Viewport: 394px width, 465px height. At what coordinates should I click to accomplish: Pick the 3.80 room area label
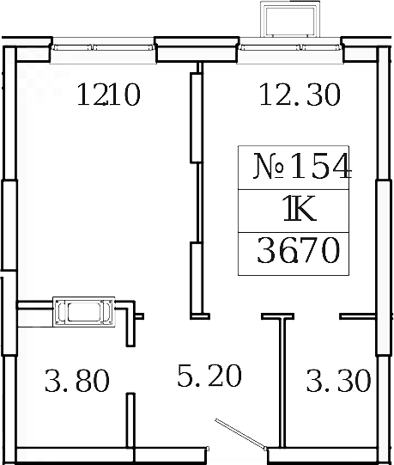76,379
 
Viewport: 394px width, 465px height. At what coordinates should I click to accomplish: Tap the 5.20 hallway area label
209,376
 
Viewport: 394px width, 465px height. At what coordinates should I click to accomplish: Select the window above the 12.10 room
103,50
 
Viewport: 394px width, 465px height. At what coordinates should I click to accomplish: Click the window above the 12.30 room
289,50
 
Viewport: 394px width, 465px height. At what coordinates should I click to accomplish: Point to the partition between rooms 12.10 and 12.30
196,193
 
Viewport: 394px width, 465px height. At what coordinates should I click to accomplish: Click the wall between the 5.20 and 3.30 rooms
279,382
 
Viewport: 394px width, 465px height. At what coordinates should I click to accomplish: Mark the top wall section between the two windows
196,50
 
